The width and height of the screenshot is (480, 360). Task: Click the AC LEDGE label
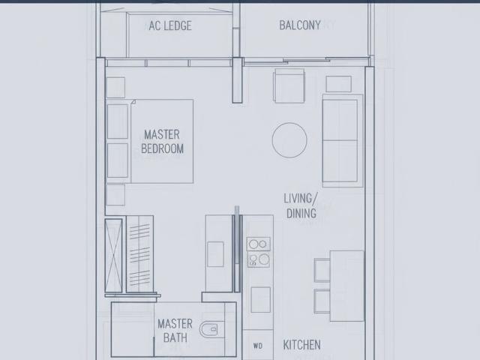point(169,25)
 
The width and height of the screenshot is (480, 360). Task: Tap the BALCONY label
point(300,25)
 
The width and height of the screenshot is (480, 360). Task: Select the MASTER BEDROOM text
point(162,141)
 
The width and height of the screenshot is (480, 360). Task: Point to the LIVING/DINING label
point(301,205)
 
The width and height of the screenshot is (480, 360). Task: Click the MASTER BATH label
point(175,331)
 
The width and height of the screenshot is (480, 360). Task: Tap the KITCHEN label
point(301,345)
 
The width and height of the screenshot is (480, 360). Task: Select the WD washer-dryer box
point(258,346)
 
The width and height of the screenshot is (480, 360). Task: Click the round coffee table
point(289,140)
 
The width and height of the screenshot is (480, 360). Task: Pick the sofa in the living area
point(342,140)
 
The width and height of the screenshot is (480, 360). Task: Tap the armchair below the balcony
point(289,85)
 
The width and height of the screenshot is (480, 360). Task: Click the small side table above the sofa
point(339,84)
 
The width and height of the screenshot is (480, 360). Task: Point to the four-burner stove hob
point(259,252)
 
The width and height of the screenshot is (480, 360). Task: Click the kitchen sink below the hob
point(260,299)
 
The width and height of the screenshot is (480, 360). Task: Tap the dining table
point(347,274)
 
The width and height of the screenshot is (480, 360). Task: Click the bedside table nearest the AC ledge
point(115,87)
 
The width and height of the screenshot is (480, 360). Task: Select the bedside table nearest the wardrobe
point(115,194)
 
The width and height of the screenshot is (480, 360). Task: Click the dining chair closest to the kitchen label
point(322,300)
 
